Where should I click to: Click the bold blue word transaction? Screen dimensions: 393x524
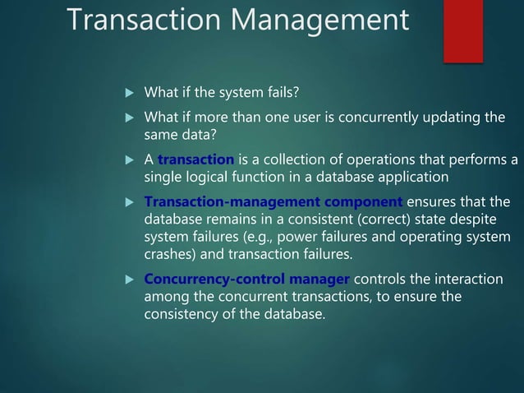[x=196, y=159]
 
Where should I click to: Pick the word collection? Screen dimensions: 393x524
[x=289, y=159]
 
